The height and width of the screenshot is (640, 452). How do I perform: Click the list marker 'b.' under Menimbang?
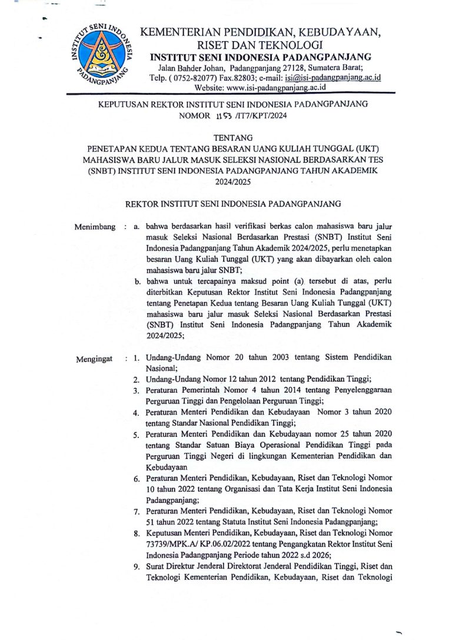[137, 282]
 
